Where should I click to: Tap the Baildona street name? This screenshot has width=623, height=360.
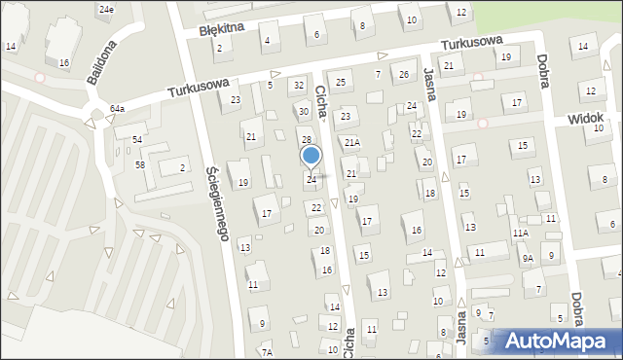point(101,62)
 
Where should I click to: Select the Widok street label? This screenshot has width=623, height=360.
point(587,119)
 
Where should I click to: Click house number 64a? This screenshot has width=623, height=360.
point(117,108)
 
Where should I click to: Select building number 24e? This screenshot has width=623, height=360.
point(105,9)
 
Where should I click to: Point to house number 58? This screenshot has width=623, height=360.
point(140,164)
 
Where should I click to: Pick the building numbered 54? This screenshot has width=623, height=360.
point(138,140)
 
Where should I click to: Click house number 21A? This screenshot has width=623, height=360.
point(351,143)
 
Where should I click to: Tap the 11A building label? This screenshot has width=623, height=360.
point(521,234)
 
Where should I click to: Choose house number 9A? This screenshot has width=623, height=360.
point(527,258)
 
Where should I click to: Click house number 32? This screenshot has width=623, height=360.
point(300,86)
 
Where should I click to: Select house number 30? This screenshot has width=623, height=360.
point(303,112)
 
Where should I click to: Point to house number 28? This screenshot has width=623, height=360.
point(305,140)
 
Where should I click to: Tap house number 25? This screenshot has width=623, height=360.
point(340,83)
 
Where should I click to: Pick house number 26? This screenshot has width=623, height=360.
point(403,74)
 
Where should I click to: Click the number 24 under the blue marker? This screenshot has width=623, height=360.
point(311,180)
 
